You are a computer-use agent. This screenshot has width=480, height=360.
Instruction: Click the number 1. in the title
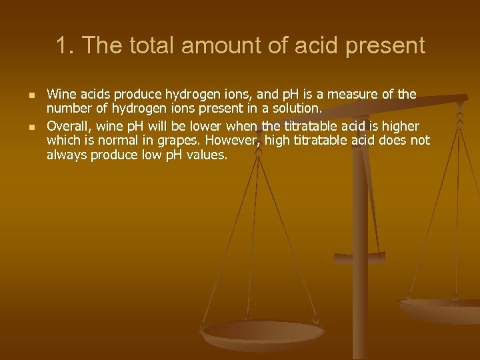(64, 46)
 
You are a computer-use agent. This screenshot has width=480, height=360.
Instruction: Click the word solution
(297, 107)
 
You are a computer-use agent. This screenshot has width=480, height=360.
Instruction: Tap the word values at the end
(207, 155)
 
